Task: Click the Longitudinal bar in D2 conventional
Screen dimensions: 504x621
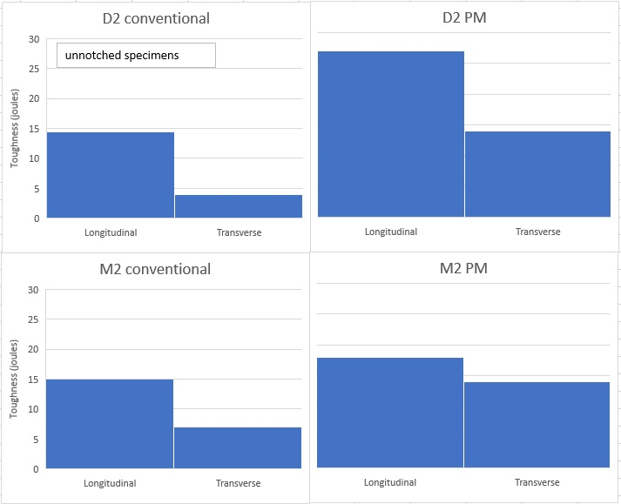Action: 111,174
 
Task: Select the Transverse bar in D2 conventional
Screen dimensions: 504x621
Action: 239,206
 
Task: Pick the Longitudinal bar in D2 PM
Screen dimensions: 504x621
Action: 391,134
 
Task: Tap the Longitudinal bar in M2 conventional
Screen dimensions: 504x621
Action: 110,424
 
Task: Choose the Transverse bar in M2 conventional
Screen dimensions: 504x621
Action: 238,447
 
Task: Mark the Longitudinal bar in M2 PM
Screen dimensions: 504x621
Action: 390,413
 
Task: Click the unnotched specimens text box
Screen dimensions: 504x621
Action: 136,56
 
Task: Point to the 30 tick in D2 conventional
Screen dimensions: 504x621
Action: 34,39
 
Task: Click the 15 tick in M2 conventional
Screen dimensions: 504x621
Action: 34,380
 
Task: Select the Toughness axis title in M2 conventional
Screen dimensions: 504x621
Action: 15,379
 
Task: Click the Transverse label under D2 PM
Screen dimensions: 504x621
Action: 537,232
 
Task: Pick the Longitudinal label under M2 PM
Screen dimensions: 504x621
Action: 390,482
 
